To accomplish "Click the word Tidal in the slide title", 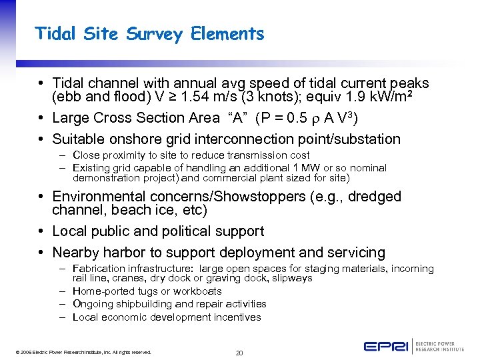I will click(57, 34).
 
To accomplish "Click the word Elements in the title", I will click(233, 34).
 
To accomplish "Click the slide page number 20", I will click(239, 352).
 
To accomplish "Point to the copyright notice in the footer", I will click(80, 352).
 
